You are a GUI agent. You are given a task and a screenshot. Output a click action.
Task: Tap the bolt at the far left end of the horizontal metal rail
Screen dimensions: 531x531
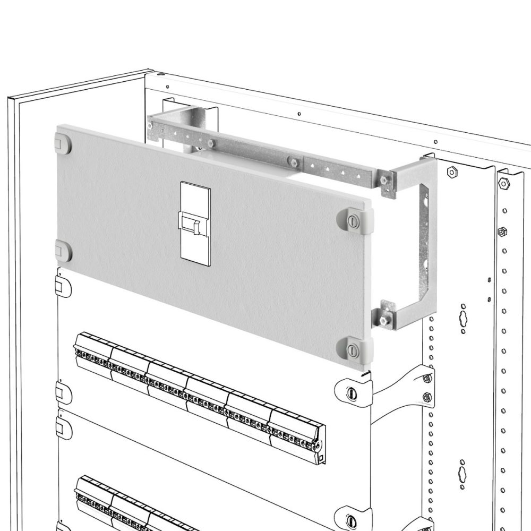pyautogui.click(x=152, y=126)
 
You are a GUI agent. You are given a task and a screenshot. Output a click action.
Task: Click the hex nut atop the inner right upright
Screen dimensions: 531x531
pyautogui.click(x=452, y=172)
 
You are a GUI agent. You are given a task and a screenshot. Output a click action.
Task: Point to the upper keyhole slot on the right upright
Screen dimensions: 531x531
pyautogui.click(x=463, y=318)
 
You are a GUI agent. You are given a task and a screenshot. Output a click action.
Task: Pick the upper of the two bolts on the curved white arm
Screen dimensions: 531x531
pyautogui.click(x=427, y=378)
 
